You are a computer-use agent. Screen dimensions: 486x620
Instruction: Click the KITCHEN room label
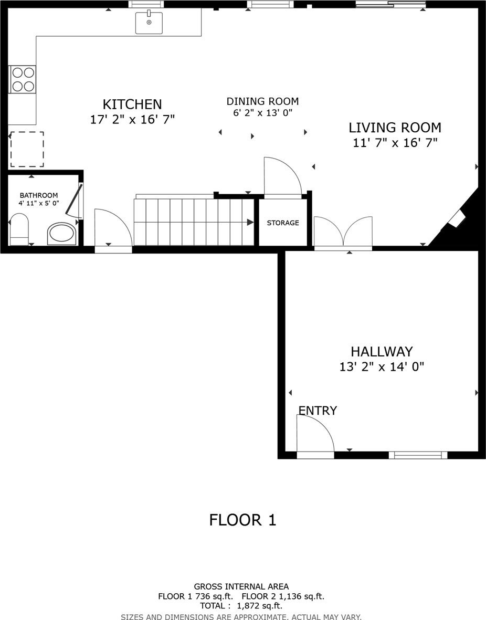(x=132, y=104)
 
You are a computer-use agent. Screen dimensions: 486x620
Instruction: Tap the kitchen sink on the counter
(x=149, y=23)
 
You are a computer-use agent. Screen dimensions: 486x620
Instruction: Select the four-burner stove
(x=22, y=79)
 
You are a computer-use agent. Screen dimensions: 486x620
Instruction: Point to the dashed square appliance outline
(x=27, y=149)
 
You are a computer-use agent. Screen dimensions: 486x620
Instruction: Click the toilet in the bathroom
(x=19, y=230)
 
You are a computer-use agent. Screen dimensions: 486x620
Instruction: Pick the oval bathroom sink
(x=62, y=234)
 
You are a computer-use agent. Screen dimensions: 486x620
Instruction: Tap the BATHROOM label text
(x=39, y=195)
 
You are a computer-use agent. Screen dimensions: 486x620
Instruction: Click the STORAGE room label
(x=283, y=223)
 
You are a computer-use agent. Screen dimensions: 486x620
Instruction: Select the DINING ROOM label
(x=262, y=101)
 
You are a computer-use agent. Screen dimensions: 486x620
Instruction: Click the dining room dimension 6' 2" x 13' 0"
(x=262, y=113)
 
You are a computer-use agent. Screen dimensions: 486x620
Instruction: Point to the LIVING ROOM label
(x=395, y=128)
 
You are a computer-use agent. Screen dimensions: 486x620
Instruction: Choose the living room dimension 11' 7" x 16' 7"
(x=395, y=142)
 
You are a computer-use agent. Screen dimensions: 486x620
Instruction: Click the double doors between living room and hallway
(x=343, y=233)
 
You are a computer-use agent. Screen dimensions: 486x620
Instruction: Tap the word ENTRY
(x=318, y=411)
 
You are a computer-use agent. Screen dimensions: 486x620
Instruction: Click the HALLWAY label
(x=382, y=352)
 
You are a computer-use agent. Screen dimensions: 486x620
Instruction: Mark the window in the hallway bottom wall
(x=418, y=455)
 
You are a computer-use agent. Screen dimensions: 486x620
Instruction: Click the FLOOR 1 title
(x=242, y=520)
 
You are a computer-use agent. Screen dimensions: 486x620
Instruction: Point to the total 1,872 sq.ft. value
(x=259, y=606)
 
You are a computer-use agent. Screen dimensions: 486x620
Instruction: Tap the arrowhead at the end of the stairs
(x=250, y=222)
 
